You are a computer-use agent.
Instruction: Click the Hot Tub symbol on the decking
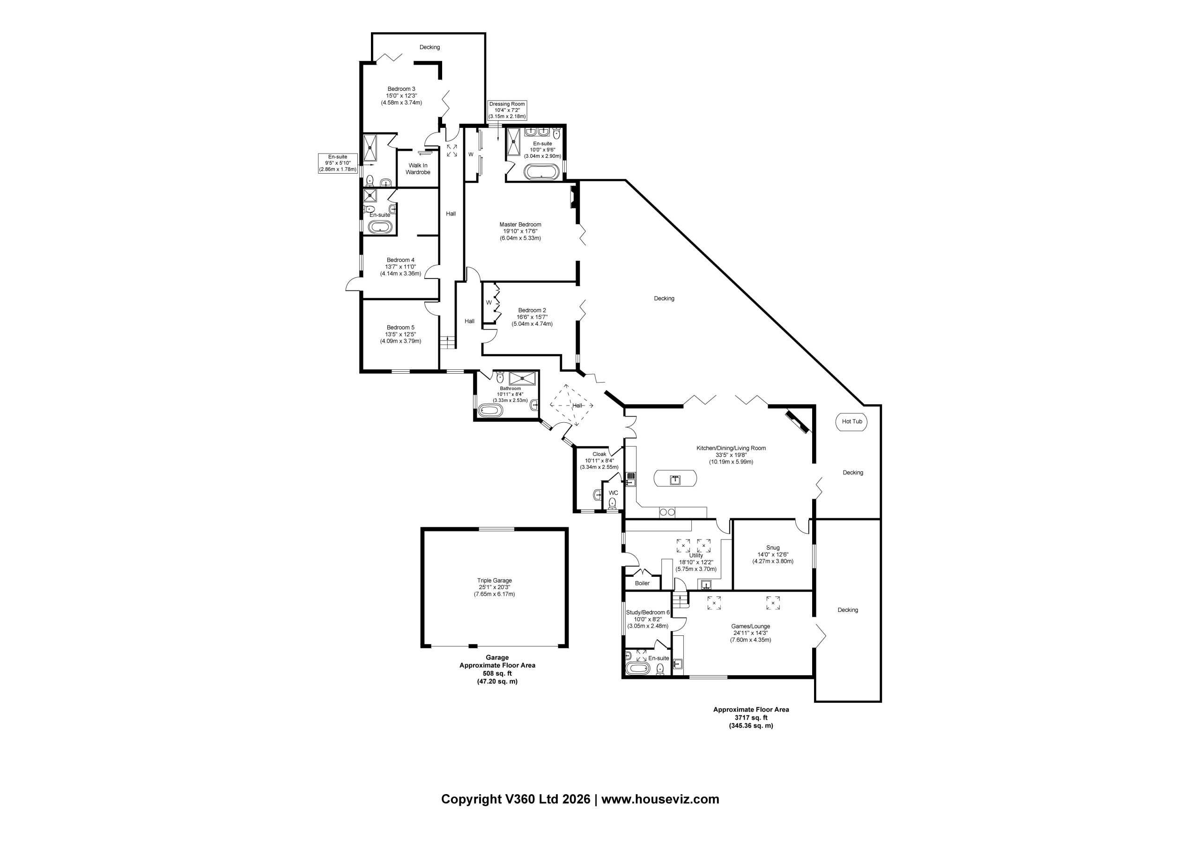coord(852,421)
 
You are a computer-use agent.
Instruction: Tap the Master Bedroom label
coord(520,225)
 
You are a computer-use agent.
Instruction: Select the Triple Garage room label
coord(494,580)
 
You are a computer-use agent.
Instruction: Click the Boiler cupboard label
coord(642,583)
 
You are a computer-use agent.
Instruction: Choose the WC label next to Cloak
coord(614,493)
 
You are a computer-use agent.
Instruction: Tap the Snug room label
coord(773,548)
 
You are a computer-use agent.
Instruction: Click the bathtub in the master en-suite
coord(541,172)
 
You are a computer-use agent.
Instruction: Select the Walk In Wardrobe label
coord(418,169)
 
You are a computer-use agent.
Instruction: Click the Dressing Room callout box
coord(507,110)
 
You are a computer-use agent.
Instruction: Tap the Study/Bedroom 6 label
coord(648,612)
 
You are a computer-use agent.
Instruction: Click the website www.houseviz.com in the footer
coord(660,800)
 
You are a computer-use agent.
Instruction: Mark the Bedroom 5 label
coord(400,327)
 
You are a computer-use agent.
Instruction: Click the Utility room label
coord(696,555)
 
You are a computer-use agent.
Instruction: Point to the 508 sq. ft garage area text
coord(497,673)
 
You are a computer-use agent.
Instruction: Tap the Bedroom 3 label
coord(401,89)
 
